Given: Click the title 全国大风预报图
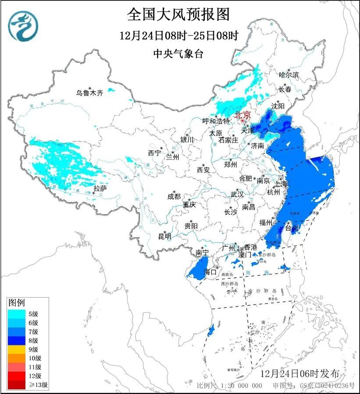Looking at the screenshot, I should pos(178,15).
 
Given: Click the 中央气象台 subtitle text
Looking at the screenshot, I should pos(178,54).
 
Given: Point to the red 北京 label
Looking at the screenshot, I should pos(242,115).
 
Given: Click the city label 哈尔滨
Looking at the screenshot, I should pos(289,75).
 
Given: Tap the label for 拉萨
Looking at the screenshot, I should pos(100,188).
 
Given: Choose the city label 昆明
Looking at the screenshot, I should pos(165,236).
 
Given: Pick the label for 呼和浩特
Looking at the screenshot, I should pos(216,121).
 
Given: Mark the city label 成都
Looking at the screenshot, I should pos(174,197).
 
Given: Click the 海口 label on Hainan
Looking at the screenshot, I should pos(211,272).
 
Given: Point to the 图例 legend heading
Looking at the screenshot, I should pos(17,303).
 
